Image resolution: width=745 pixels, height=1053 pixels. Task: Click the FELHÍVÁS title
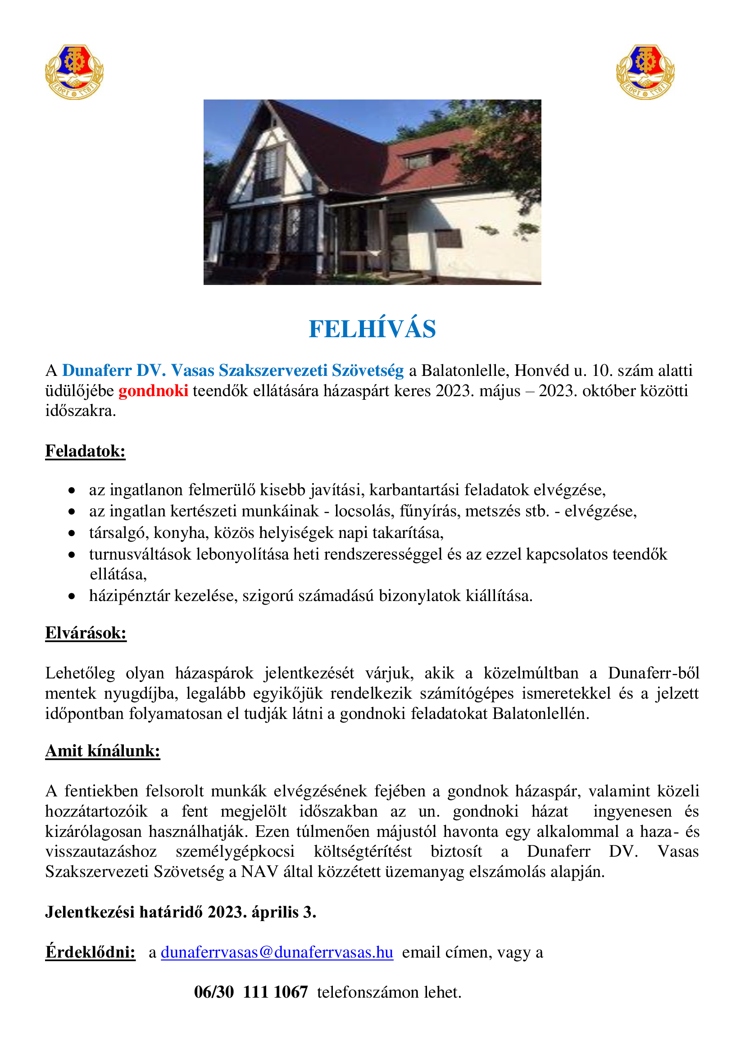[372, 329]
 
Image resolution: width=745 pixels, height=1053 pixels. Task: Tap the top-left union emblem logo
[74, 72]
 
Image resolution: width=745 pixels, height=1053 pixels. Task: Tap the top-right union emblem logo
[645, 72]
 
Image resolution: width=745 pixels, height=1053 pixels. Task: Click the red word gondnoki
[153, 391]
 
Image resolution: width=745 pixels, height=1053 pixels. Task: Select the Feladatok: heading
[85, 451]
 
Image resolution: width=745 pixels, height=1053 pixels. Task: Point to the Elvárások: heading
[86, 633]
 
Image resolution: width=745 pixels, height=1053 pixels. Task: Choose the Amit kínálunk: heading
[103, 751]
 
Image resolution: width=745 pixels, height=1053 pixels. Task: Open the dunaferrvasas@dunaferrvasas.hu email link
[277, 952]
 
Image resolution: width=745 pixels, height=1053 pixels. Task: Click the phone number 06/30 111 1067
[250, 992]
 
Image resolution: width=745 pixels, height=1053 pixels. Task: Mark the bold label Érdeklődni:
[91, 952]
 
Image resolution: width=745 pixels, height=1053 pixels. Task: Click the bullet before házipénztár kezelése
[72, 596]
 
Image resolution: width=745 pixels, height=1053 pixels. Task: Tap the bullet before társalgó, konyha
[72, 533]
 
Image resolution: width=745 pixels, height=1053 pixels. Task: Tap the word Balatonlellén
[541, 714]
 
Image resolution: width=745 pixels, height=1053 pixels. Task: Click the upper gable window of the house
[269, 164]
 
